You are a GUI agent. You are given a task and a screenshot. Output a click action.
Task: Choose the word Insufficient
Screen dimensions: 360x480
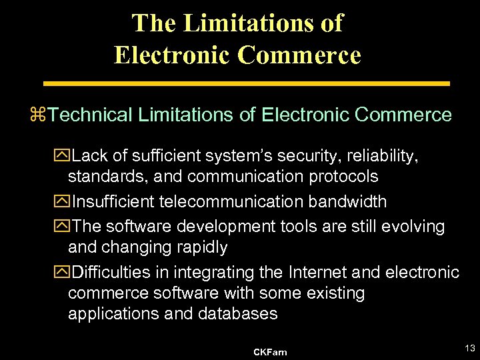(x=114, y=201)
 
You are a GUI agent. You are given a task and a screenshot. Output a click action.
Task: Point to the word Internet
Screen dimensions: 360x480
(x=313, y=272)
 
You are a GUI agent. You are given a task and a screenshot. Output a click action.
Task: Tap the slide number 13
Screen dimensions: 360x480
(x=469, y=347)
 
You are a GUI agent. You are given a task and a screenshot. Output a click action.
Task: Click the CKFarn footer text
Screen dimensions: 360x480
(x=270, y=351)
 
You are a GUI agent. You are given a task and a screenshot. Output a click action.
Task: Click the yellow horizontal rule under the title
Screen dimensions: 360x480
(x=247, y=84)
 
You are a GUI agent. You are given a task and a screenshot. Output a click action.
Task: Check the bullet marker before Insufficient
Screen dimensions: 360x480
(x=65, y=201)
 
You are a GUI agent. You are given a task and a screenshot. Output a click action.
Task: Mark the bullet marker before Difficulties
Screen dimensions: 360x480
(x=65, y=272)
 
